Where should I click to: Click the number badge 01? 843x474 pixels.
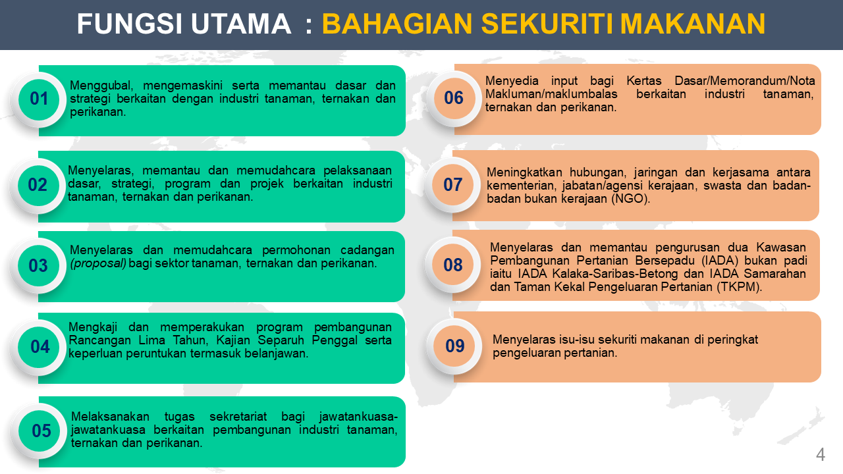coord(40,99)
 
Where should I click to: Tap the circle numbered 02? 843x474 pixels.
coord(38,185)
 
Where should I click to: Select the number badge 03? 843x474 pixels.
coord(39,266)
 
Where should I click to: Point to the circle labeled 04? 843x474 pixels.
coord(40,347)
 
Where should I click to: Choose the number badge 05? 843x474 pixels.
coord(41,431)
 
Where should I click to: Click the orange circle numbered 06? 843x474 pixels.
coord(454,98)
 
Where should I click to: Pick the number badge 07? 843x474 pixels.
coord(453,185)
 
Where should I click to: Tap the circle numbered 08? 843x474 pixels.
coord(453,265)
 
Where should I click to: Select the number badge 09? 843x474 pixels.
coord(454,346)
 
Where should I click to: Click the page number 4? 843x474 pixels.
coord(820,455)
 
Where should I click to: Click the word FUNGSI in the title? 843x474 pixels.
coord(120,25)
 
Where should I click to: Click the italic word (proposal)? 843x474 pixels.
coord(98,263)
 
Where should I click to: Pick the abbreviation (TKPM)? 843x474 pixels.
coord(737,286)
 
